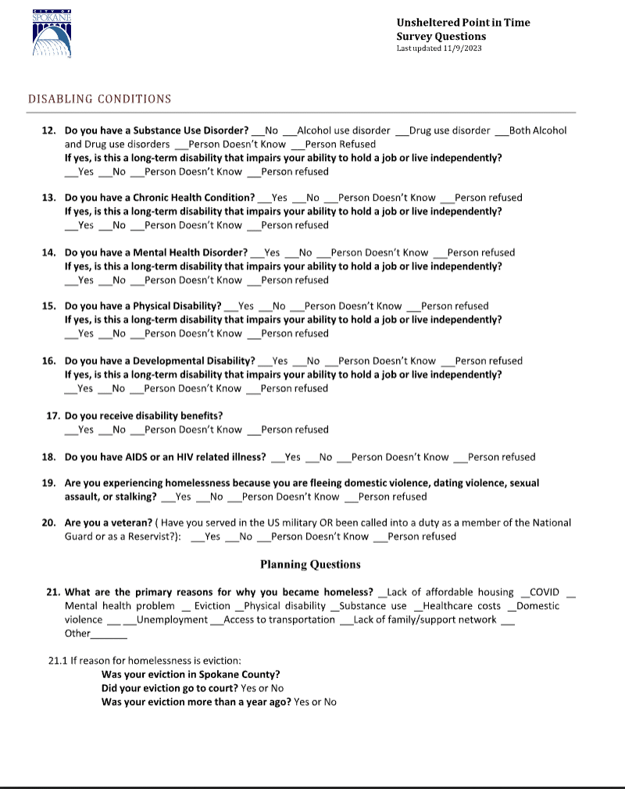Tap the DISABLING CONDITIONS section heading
coord(100,99)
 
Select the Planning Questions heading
coord(310,564)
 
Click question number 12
coord(48,130)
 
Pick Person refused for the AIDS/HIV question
coord(501,457)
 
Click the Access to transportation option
coord(279,619)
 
